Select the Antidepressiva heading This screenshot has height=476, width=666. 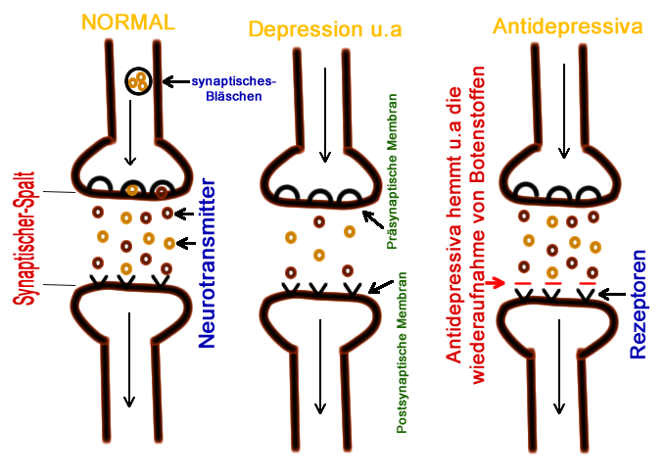tap(568, 25)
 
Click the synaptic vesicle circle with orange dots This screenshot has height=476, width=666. tap(138, 82)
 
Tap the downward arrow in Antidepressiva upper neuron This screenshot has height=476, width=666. tap(563, 108)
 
